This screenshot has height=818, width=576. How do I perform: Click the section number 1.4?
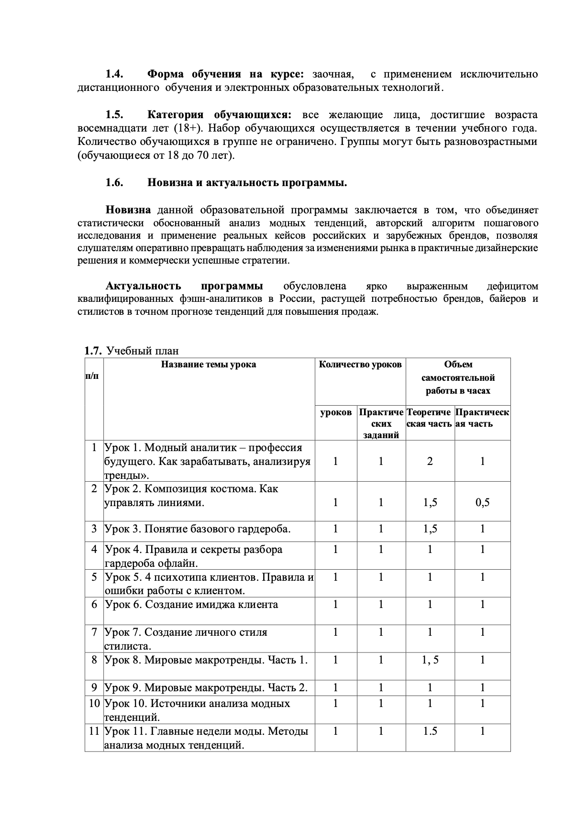coord(114,74)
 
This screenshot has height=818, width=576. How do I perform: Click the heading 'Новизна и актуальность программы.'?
coord(247,183)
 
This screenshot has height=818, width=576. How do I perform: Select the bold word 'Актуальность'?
coord(144,286)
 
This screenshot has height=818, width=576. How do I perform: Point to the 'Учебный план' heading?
coord(143,351)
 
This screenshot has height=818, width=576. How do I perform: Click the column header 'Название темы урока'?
coord(208,365)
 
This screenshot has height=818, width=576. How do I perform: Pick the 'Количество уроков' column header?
coord(360,365)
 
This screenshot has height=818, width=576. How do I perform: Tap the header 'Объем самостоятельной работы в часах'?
coord(458,377)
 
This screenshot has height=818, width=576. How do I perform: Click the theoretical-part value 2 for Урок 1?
coord(430,461)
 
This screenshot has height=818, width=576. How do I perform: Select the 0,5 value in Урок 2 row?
coord(482,502)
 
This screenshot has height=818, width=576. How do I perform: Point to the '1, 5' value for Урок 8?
coord(430,660)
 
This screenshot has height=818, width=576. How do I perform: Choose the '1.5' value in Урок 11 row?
coord(430,731)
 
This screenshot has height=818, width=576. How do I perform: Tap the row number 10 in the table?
coord(94,704)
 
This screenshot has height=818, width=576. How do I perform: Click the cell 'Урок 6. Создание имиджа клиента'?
coord(191,605)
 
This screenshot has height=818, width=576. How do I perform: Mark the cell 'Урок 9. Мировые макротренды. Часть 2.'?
coord(206,688)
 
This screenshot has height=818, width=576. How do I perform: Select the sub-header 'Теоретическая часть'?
coord(429,418)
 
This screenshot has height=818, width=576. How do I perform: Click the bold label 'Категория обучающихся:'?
coord(219,115)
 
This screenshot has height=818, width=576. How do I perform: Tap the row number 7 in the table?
coord(95,632)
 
